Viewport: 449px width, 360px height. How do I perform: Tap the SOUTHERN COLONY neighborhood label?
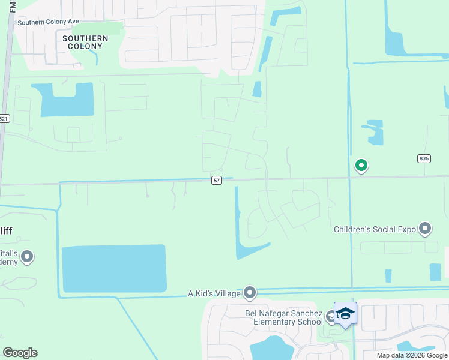(x=85, y=42)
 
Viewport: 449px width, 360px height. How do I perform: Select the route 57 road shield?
(x=217, y=180)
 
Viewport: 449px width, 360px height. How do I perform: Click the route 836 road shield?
(x=424, y=158)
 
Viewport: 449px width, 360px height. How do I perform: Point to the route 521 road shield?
(x=4, y=119)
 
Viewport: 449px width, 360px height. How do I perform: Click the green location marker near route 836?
(x=361, y=164)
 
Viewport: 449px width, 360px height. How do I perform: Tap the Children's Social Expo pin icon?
(x=425, y=229)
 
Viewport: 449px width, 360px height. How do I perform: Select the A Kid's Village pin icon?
(x=250, y=293)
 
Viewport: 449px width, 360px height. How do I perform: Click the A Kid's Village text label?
(x=214, y=293)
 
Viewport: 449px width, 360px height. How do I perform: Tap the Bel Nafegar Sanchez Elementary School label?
(x=283, y=317)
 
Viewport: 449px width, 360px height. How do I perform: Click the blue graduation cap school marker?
(x=345, y=313)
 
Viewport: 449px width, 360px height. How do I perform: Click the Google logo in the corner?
(x=20, y=352)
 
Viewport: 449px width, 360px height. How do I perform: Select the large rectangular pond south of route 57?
(x=114, y=268)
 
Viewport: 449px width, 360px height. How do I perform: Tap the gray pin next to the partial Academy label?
(x=27, y=257)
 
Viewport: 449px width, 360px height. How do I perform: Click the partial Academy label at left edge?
(x=8, y=257)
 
